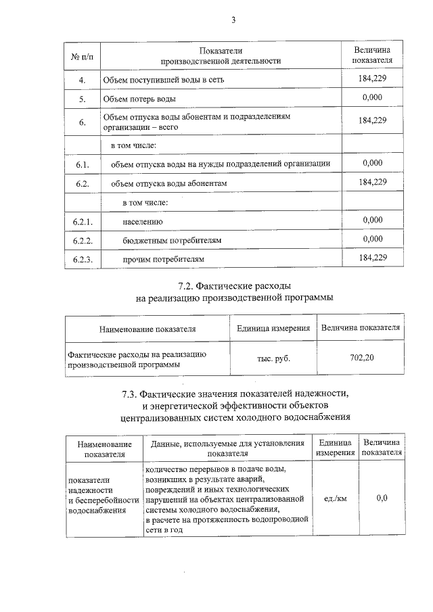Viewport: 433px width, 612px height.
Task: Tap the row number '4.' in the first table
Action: click(x=82, y=80)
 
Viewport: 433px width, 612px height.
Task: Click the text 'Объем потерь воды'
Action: click(x=140, y=99)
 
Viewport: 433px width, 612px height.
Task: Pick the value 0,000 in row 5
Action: click(x=373, y=99)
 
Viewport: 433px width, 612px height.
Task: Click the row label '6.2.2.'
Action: click(x=83, y=241)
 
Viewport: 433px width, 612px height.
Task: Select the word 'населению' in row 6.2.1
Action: click(x=142, y=222)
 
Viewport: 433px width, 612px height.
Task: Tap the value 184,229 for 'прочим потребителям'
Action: click(x=373, y=258)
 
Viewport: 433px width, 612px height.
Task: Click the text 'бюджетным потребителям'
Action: click(x=173, y=241)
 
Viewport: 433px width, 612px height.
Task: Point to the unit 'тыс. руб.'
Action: click(x=273, y=358)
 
